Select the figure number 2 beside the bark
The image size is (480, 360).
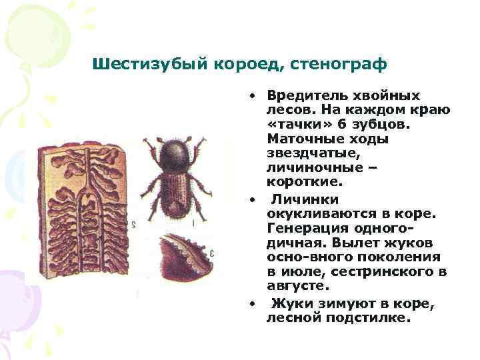click(x=133, y=225)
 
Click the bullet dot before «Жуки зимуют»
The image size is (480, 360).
click(x=253, y=304)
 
